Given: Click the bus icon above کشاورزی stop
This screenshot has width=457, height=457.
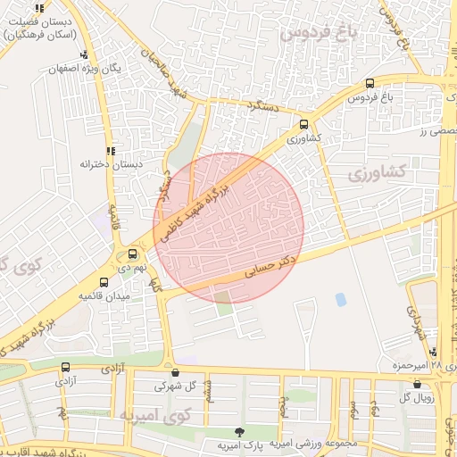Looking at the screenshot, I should (x=305, y=125).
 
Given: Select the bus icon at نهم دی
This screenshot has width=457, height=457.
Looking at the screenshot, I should (x=133, y=253).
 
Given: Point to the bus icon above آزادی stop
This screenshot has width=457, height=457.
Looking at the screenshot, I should (x=65, y=367).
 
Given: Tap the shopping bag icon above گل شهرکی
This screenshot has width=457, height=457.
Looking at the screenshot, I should (x=174, y=372).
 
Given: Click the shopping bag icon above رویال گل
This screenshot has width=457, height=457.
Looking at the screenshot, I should (x=417, y=384).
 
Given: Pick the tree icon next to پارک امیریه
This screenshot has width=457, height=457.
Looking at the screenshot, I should (x=237, y=432).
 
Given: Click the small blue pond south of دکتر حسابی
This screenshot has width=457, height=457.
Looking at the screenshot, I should (x=340, y=300).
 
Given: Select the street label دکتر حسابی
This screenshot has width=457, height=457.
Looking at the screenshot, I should (x=270, y=267).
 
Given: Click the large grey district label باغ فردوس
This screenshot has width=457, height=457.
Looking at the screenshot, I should (x=316, y=34).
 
